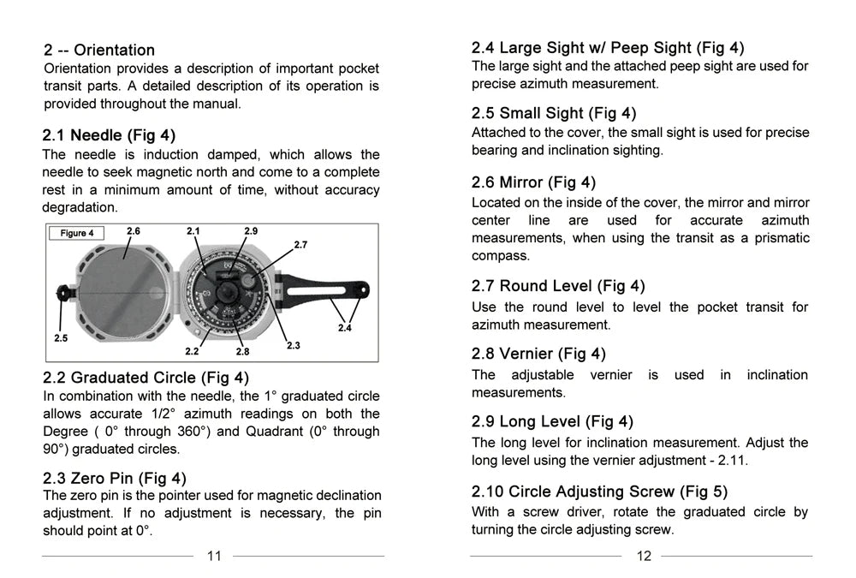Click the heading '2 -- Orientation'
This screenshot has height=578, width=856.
[x=99, y=50]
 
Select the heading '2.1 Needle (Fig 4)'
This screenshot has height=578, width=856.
[x=109, y=135]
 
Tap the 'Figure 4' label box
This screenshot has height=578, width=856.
[x=77, y=233]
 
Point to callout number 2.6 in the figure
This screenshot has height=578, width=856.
[x=134, y=231]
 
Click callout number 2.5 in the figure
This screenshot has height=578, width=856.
[x=61, y=338]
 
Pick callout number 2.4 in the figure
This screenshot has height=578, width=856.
[x=345, y=328]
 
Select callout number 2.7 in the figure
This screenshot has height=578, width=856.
[x=300, y=245]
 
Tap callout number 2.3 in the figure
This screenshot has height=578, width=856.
[x=293, y=345]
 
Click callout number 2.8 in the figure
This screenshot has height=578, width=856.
[x=242, y=351]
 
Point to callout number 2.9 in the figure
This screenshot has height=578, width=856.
[x=251, y=231]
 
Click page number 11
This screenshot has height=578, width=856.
[x=214, y=556]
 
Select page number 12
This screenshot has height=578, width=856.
[x=644, y=556]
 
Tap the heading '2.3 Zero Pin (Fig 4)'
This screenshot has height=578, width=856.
[x=115, y=478]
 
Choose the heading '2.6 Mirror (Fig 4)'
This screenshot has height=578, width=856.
[x=533, y=182]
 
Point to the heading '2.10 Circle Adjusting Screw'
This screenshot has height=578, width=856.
[x=599, y=492]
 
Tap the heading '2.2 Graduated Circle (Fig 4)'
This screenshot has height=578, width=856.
[x=146, y=378]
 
